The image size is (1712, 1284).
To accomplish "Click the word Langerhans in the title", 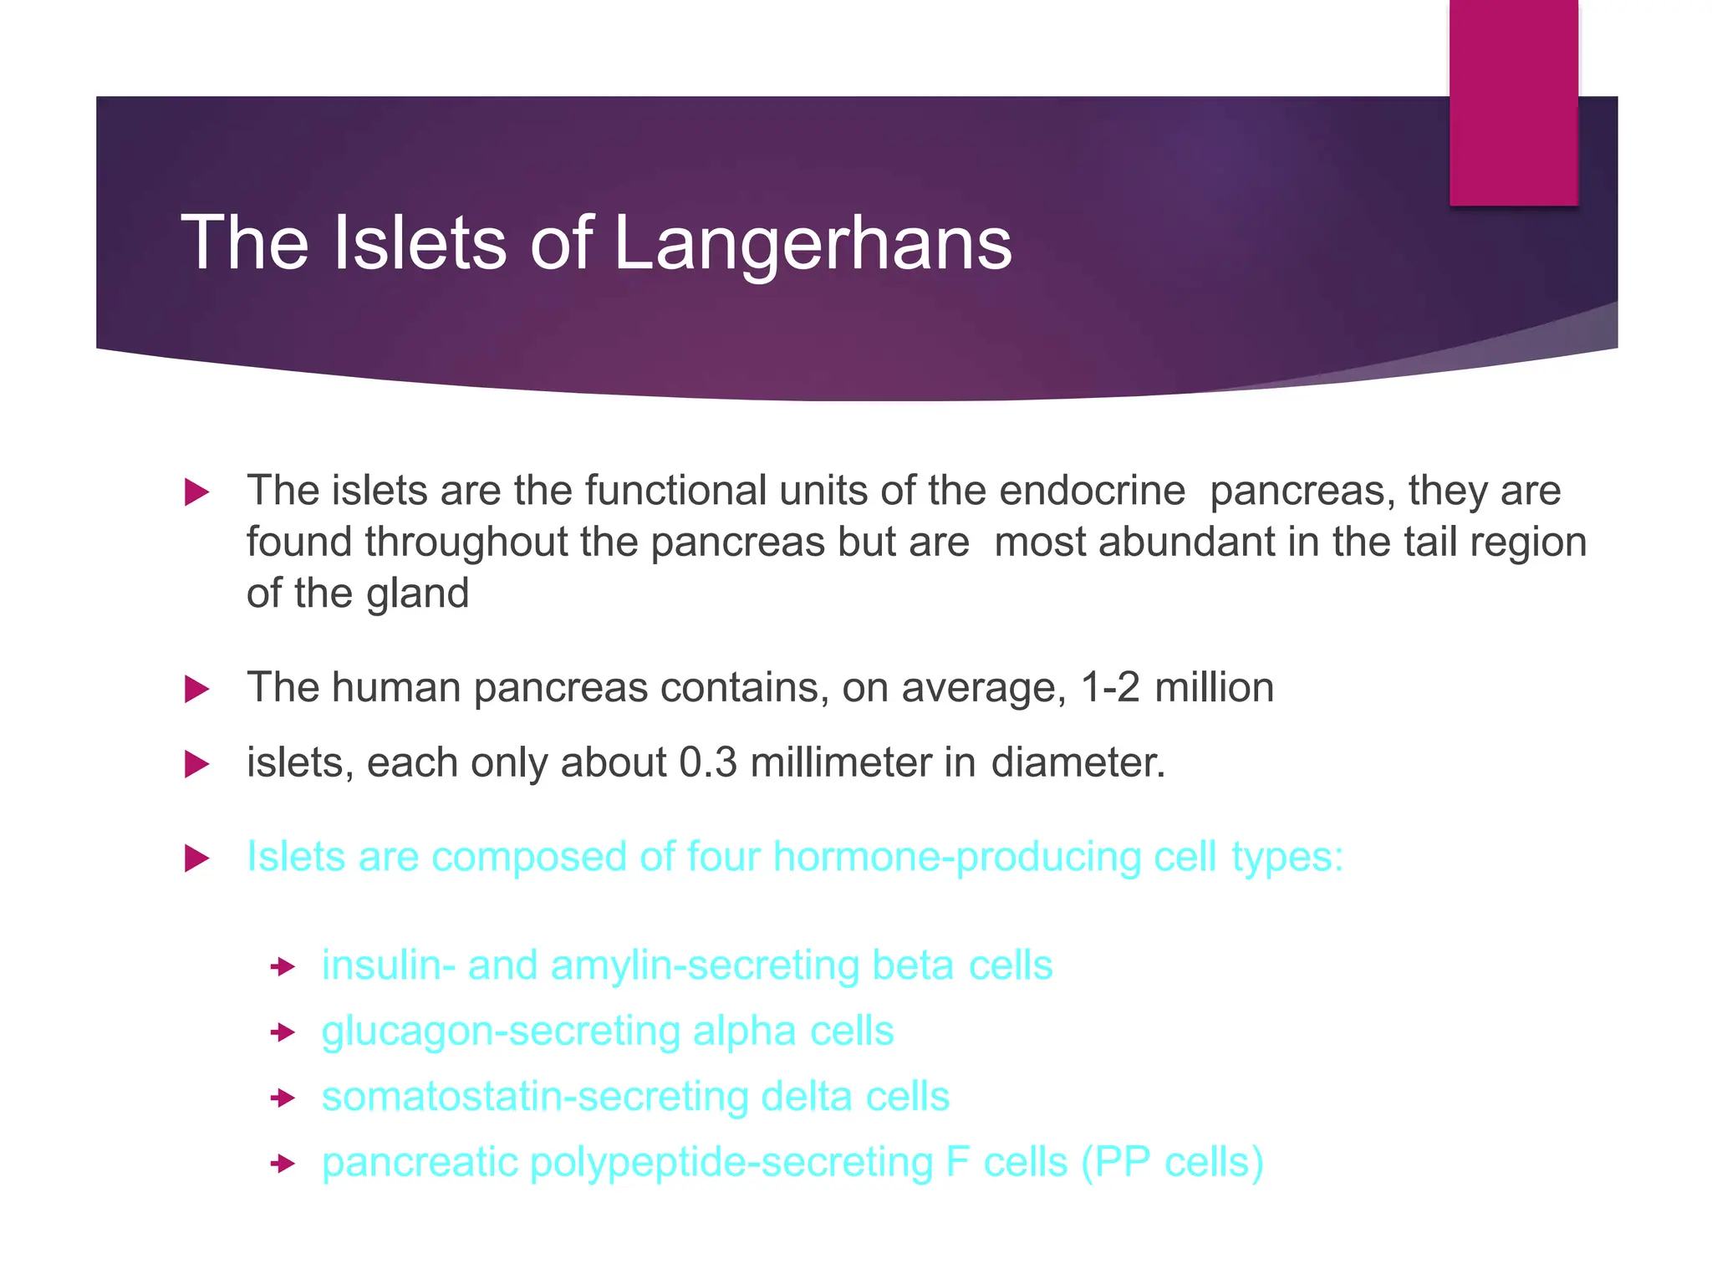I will tap(813, 243).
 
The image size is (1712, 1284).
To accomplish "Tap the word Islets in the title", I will tap(420, 243).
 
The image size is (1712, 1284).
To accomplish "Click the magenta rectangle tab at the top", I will tap(1513, 102).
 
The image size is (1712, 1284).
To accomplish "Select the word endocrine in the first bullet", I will tap(1092, 491).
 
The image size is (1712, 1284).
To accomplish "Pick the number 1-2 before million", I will tap(1110, 688).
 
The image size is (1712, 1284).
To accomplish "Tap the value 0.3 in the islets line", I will tap(708, 763).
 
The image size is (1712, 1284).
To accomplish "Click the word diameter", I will tap(1078, 763).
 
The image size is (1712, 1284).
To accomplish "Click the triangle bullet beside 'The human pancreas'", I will tap(196, 690).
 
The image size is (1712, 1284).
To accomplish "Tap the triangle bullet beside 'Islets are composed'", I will tap(196, 859).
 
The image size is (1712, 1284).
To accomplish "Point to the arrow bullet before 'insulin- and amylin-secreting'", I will tap(283, 967).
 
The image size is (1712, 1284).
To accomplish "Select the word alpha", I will tap(744, 1031).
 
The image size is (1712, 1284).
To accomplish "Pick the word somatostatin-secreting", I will tap(535, 1097).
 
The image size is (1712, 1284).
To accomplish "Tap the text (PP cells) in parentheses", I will tap(1172, 1163).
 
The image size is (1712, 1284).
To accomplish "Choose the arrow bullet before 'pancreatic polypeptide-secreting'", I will tap(283, 1164).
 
